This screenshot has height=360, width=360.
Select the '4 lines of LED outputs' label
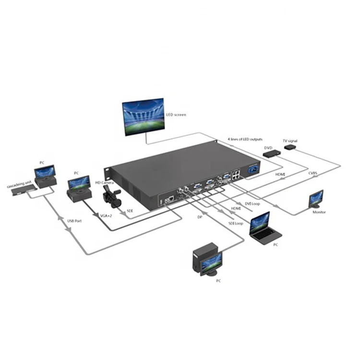(x=245, y=139)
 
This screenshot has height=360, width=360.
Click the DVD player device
(x=272, y=153)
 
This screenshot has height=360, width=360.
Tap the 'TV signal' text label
(x=290, y=141)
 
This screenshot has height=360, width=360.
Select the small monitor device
(x=316, y=198)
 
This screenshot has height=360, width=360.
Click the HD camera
(x=110, y=194)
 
